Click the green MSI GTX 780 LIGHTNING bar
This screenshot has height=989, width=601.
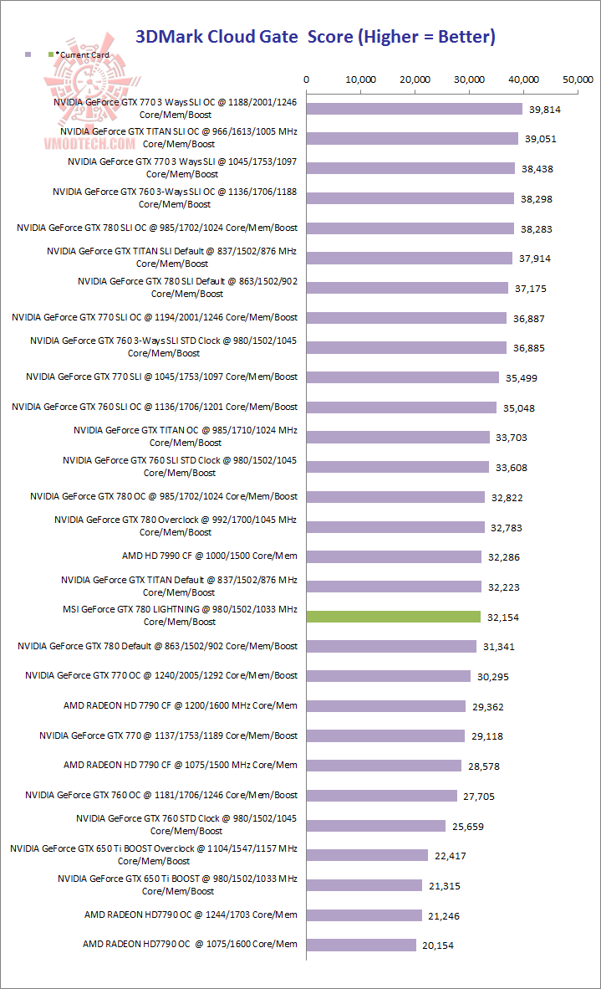coord(394,617)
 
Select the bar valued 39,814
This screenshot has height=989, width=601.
coord(415,109)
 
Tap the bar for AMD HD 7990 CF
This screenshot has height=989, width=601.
coord(395,556)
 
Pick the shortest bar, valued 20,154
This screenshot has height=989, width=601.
coord(362,945)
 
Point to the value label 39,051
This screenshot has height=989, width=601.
coord(540,139)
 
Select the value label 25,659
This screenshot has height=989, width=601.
coord(467,826)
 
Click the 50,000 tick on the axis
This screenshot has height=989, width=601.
coord(578,79)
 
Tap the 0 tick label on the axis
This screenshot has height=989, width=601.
coord(308,79)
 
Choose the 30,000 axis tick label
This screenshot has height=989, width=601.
coord(469,79)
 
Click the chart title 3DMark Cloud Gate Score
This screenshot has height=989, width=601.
coord(315,36)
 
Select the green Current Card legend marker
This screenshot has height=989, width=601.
coord(52,54)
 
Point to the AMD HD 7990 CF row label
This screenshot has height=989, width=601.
coord(209,556)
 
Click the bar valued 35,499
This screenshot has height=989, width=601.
coord(403,377)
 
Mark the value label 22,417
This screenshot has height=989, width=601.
coord(455,856)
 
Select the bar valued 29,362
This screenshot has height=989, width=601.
coord(386,706)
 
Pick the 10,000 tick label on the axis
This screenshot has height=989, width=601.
coord(360,79)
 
